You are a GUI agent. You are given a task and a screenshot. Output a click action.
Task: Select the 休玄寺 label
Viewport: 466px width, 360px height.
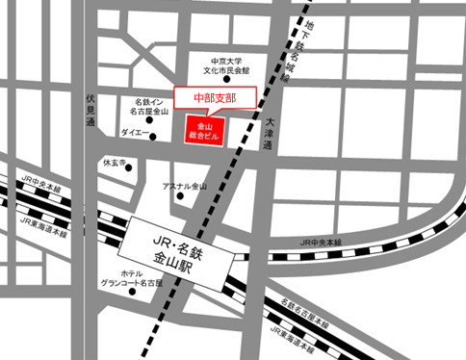click(x=115, y=163)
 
